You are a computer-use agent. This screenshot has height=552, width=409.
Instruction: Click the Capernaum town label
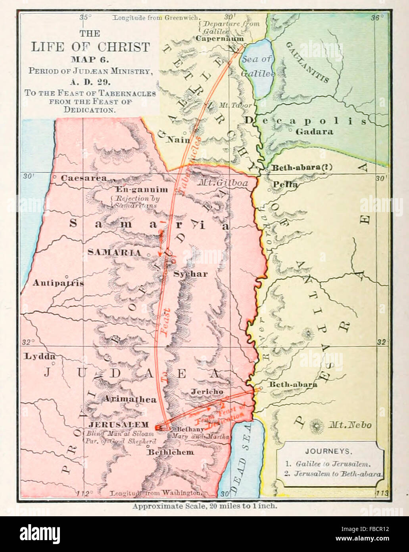220,39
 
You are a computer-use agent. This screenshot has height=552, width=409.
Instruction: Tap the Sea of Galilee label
257,66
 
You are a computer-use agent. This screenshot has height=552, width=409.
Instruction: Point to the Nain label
178,139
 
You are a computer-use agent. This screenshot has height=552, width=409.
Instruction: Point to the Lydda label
40,356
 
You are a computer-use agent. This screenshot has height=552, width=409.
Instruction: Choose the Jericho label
207,392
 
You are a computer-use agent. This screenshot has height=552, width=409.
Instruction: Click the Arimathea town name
130,399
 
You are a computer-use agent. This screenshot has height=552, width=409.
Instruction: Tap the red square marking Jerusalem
158,427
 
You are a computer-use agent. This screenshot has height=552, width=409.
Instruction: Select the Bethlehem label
171,452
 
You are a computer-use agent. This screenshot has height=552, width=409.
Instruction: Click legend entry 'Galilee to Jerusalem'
332,463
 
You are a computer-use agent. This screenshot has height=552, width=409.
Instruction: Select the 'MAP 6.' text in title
90,60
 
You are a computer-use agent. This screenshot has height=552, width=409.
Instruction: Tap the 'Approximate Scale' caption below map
205,506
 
